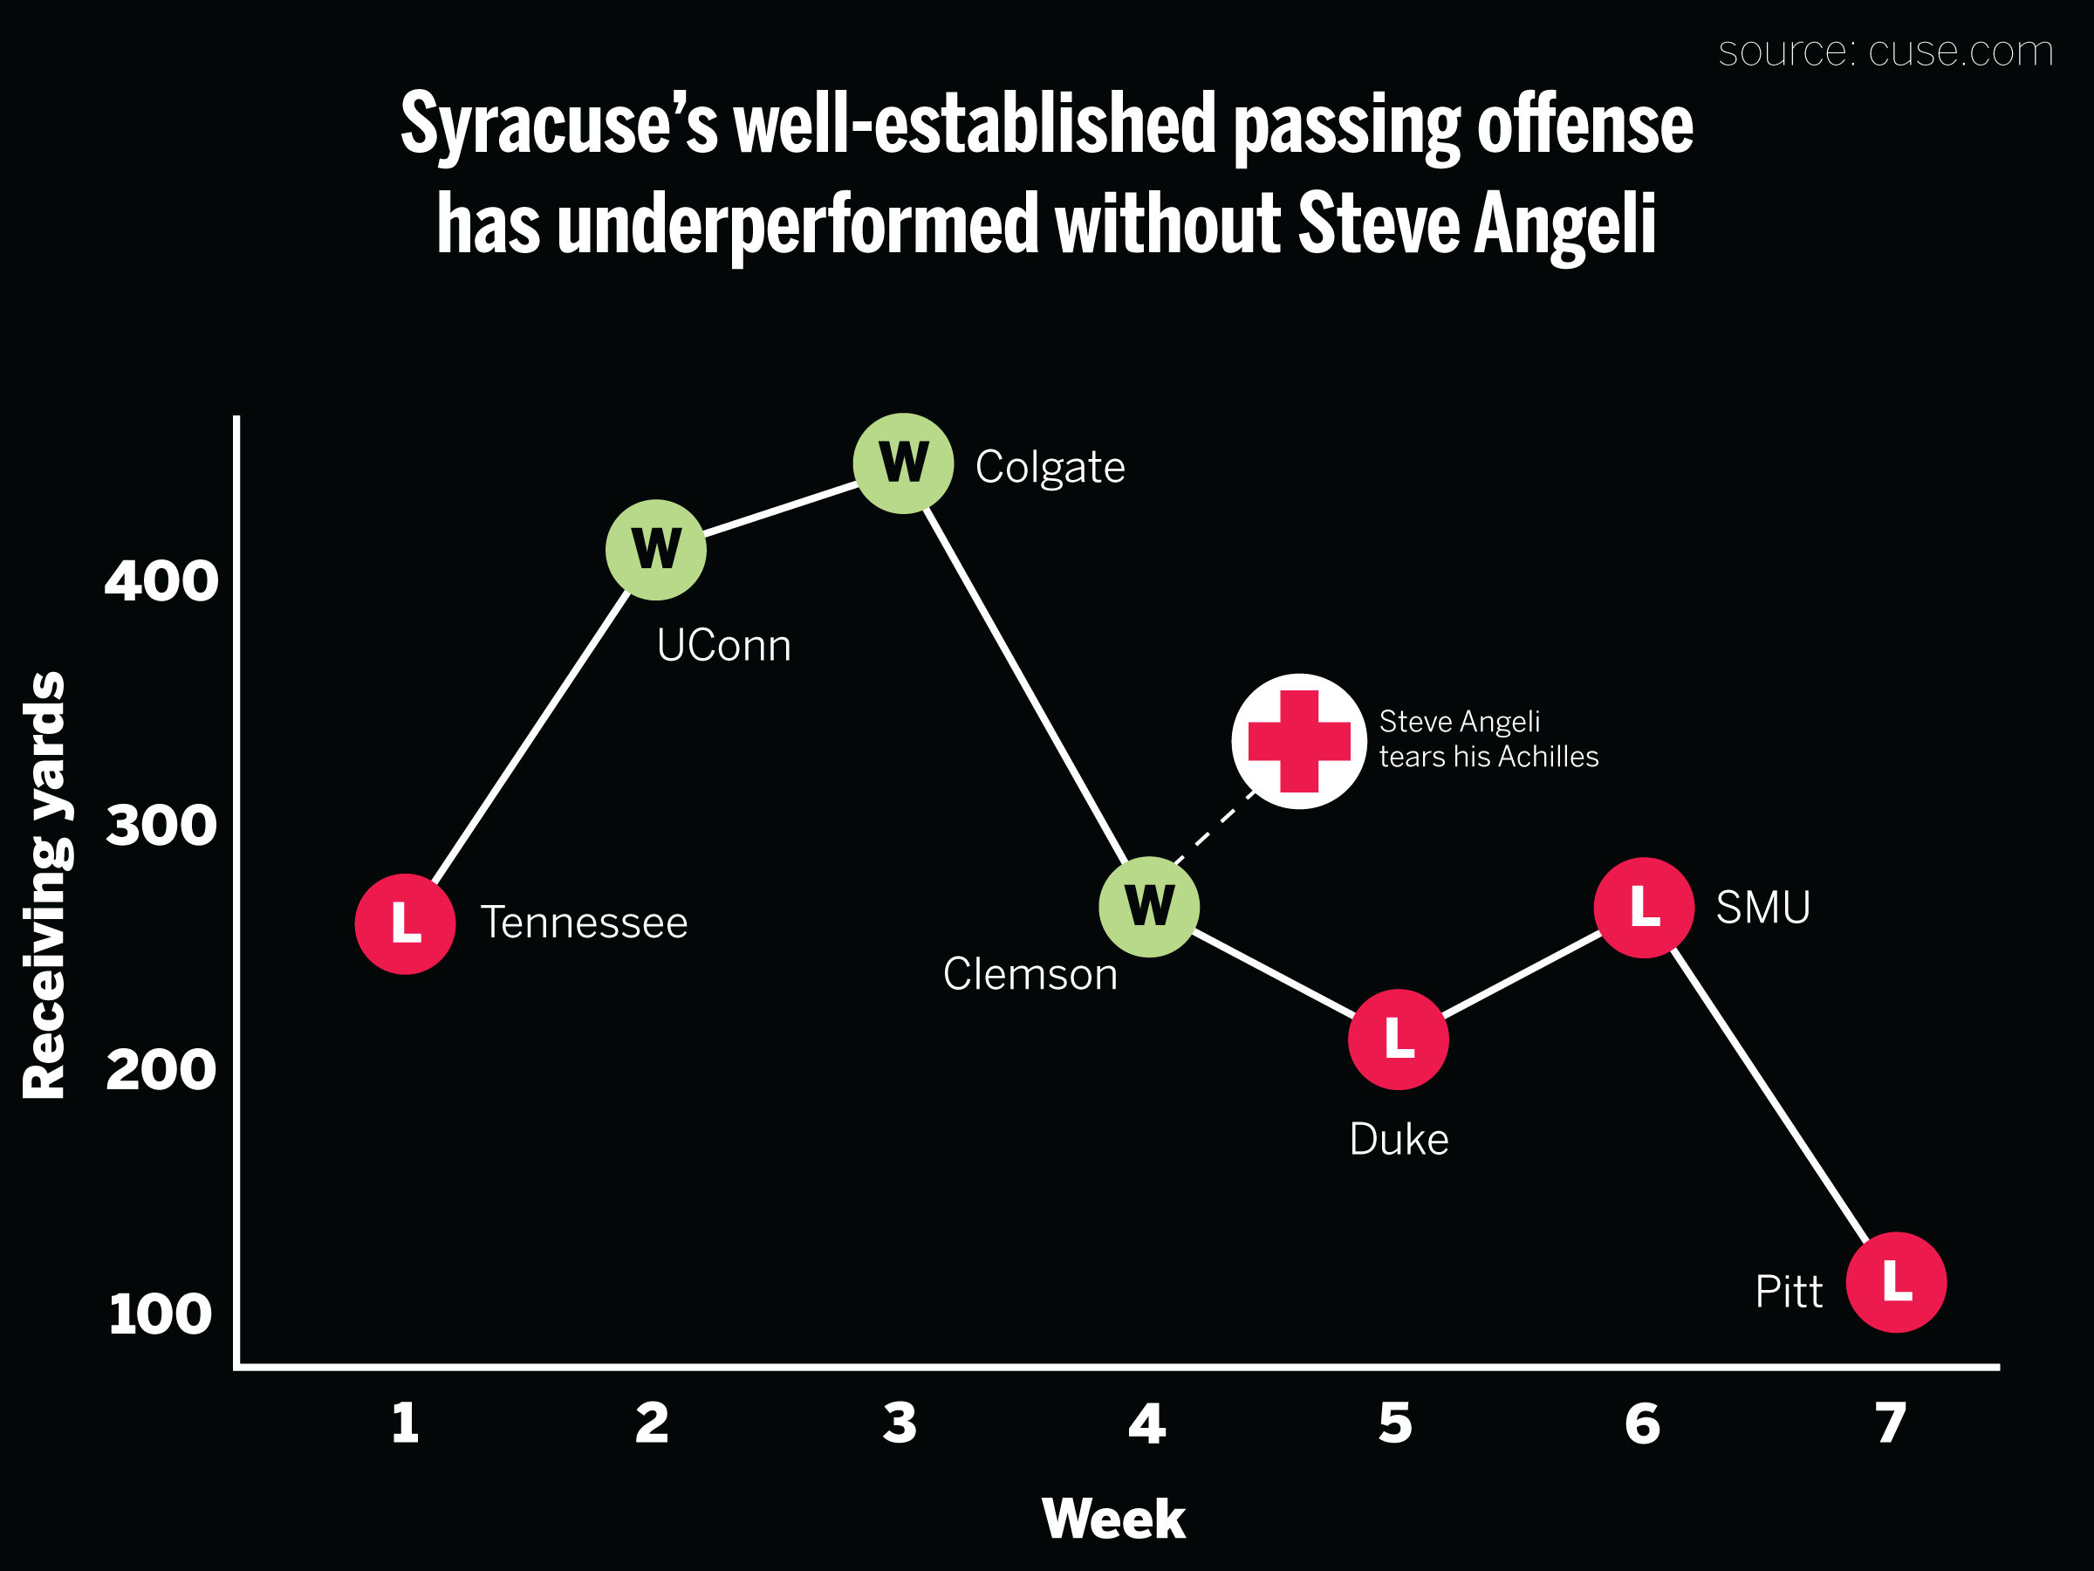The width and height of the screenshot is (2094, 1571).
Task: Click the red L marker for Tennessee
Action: point(405,923)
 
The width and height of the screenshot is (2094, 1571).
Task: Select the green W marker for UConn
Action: point(656,549)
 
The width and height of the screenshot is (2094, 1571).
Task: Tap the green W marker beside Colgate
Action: point(903,463)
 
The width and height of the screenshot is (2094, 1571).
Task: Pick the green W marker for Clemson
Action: point(1149,906)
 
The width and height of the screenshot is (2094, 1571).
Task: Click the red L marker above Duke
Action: point(1399,1039)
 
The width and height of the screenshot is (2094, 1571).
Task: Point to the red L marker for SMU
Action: point(1645,907)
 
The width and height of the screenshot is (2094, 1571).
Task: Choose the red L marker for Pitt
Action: point(1896,1282)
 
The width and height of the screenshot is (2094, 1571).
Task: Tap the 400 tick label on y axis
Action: point(161,580)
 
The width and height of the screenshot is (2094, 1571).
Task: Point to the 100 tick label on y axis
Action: point(161,1314)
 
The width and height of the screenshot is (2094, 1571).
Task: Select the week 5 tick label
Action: point(1395,1424)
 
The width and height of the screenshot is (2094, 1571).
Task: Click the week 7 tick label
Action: point(1891,1424)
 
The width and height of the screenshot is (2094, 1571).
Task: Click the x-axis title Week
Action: point(1113,1520)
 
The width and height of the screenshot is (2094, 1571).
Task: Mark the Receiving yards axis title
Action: point(44,885)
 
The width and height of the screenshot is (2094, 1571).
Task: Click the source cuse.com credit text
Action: point(1885,51)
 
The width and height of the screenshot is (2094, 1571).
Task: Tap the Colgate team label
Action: point(1050,467)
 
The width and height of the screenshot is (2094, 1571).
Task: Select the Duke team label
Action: point(1399,1139)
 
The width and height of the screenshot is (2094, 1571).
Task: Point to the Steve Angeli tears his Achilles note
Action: point(1488,738)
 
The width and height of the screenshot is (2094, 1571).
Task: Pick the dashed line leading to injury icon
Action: point(1215,827)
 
